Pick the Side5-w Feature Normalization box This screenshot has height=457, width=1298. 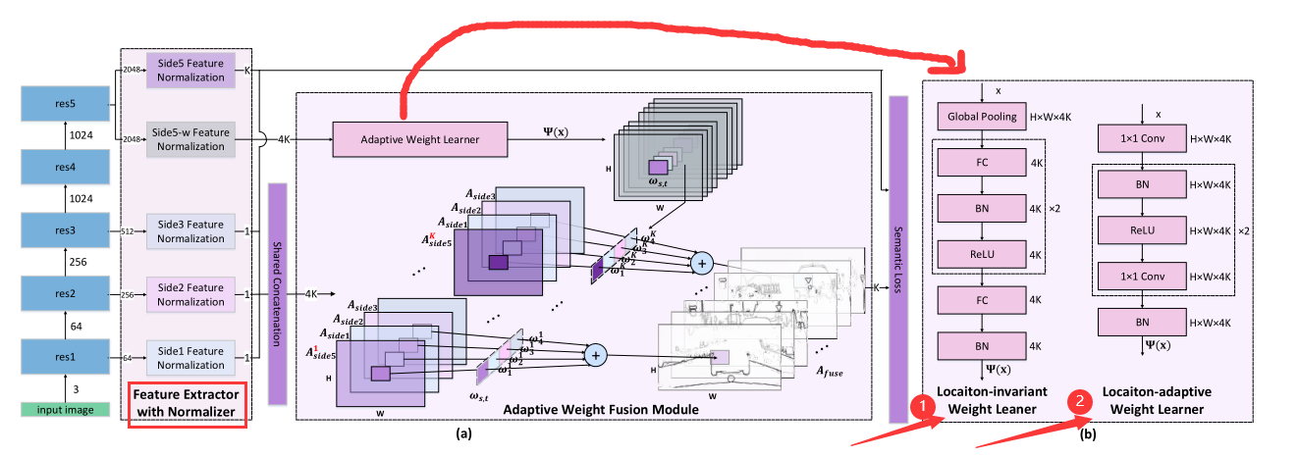point(190,139)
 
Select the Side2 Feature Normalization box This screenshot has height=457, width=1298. point(190,294)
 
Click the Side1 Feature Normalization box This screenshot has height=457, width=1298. point(190,358)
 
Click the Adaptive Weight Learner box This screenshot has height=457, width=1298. point(420,139)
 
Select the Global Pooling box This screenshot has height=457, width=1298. point(982,118)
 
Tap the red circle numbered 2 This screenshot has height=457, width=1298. point(1079,401)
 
